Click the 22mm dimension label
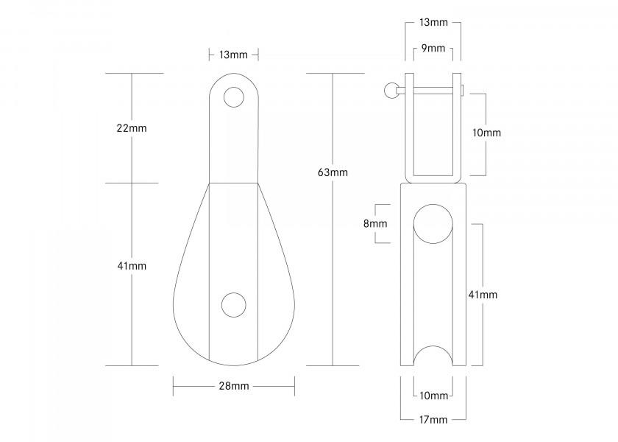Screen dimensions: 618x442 coord(132,128)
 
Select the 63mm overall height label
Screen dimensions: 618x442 coord(333,172)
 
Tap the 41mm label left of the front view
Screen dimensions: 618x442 coord(132,265)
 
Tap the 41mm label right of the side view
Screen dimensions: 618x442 coord(483,295)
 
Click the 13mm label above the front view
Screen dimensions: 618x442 coord(233,55)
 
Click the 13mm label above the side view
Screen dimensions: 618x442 coord(433,22)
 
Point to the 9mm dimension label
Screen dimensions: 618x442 coord(433,49)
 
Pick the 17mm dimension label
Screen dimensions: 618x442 coord(433,419)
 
